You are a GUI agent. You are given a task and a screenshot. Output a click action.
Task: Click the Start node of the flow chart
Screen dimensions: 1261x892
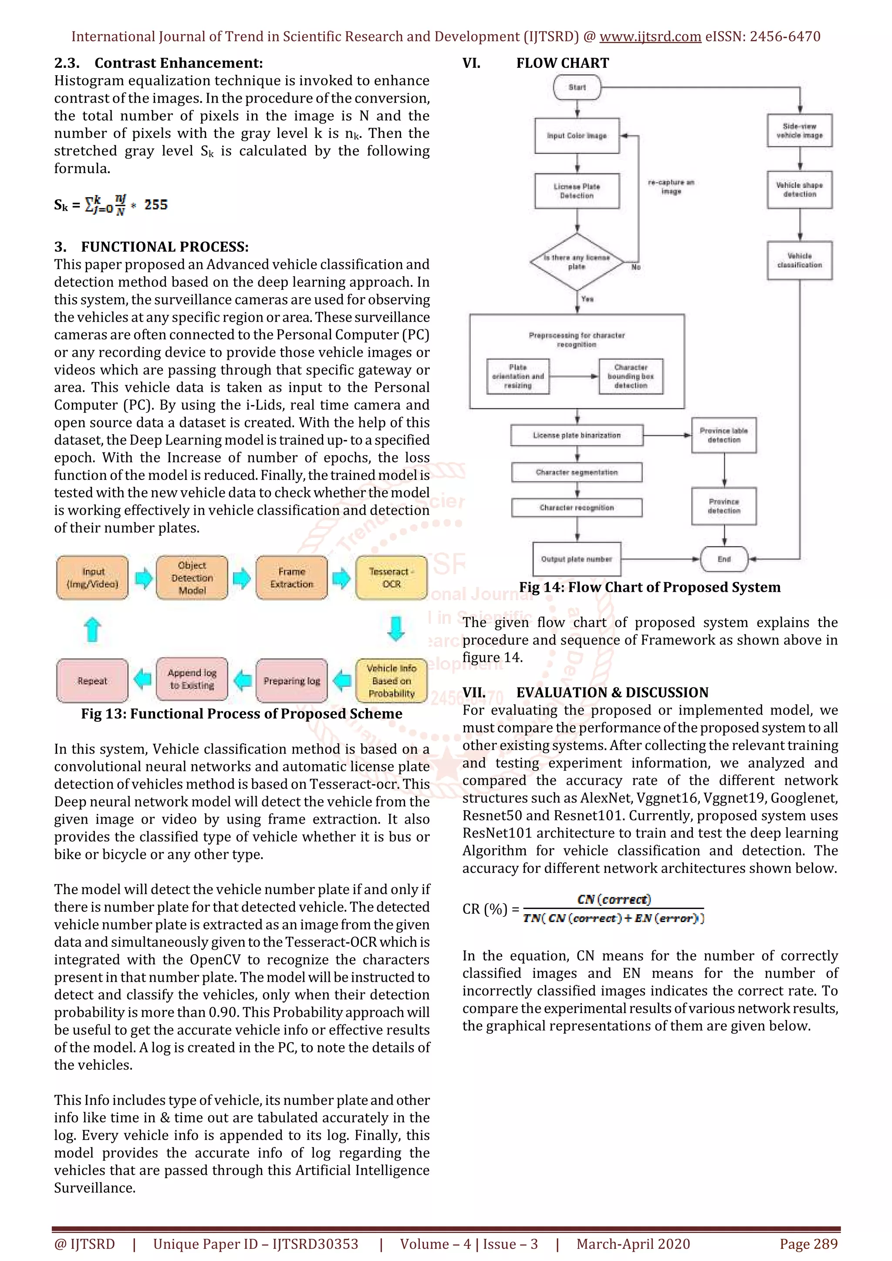[577, 87]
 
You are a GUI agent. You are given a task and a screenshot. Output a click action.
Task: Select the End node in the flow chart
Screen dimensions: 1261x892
[724, 559]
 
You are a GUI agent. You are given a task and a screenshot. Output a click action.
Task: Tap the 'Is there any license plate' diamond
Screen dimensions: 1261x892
[577, 262]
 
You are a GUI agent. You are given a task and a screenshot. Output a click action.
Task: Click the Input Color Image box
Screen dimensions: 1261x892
[577, 136]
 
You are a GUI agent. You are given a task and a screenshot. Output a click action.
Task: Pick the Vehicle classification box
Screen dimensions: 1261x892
[800, 261]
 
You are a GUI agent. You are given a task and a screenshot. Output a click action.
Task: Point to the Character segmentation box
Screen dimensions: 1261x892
[577, 472]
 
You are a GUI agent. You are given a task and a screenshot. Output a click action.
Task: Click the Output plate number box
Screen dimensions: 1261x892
[577, 559]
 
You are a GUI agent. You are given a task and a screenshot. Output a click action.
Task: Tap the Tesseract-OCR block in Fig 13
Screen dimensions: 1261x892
[391, 578]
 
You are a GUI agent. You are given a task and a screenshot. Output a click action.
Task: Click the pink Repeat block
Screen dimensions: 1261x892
[92, 681]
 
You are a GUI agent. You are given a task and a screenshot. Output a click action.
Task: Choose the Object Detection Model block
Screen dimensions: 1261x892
[192, 578]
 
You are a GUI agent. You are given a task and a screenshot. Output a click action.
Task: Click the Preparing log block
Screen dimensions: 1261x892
[291, 681]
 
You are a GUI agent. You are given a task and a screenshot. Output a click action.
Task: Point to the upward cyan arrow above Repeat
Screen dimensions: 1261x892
[92, 629]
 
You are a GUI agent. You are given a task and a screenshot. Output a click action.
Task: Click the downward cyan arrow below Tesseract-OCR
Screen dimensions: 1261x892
[396, 629]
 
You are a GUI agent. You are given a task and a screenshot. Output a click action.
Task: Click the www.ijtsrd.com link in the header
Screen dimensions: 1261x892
[650, 37]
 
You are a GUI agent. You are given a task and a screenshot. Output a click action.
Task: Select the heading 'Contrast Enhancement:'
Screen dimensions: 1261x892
[179, 63]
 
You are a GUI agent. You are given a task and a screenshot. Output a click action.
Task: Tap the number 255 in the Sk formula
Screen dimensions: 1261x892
[156, 205]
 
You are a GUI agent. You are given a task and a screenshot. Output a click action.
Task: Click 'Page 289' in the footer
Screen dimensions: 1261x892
[808, 1244]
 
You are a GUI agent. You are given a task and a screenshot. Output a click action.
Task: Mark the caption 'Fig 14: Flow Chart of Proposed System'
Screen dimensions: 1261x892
[650, 587]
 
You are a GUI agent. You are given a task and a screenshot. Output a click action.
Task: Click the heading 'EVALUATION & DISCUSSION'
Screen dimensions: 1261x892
[612, 693]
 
